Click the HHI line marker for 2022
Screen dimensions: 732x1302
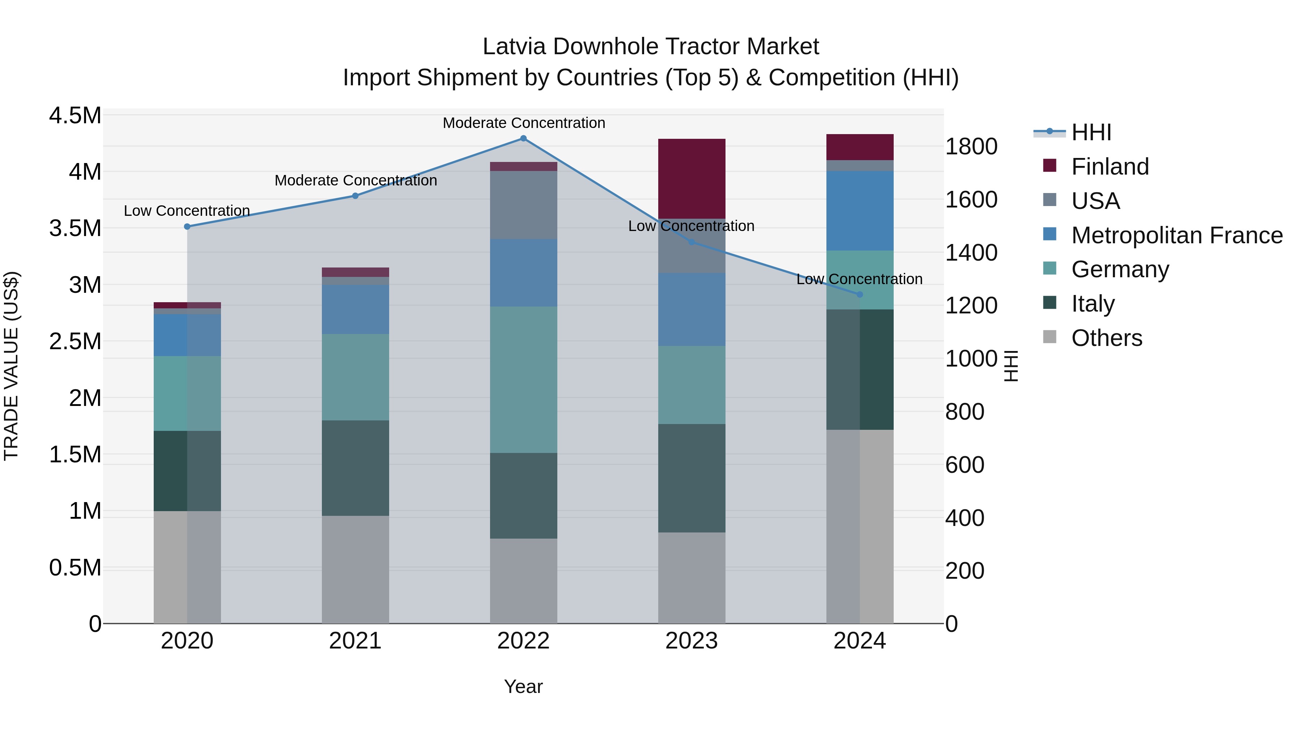point(524,138)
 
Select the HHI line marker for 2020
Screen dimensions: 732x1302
point(187,227)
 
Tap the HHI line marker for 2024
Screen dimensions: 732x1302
point(860,295)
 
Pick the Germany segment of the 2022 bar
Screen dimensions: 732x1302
point(524,380)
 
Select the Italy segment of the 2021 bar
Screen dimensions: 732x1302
point(355,468)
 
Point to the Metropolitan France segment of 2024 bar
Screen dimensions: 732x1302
point(860,211)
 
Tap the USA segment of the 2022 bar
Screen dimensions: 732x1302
point(524,205)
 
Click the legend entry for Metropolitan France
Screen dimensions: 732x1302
point(1176,235)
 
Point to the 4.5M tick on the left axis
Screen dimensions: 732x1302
point(75,116)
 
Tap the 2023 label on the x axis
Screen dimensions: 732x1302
point(692,641)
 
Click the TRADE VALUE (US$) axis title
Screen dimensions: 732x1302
point(11,366)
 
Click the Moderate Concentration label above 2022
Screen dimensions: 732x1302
point(524,123)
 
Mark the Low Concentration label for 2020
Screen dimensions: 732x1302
point(187,211)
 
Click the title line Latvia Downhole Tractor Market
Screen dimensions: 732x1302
point(651,47)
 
